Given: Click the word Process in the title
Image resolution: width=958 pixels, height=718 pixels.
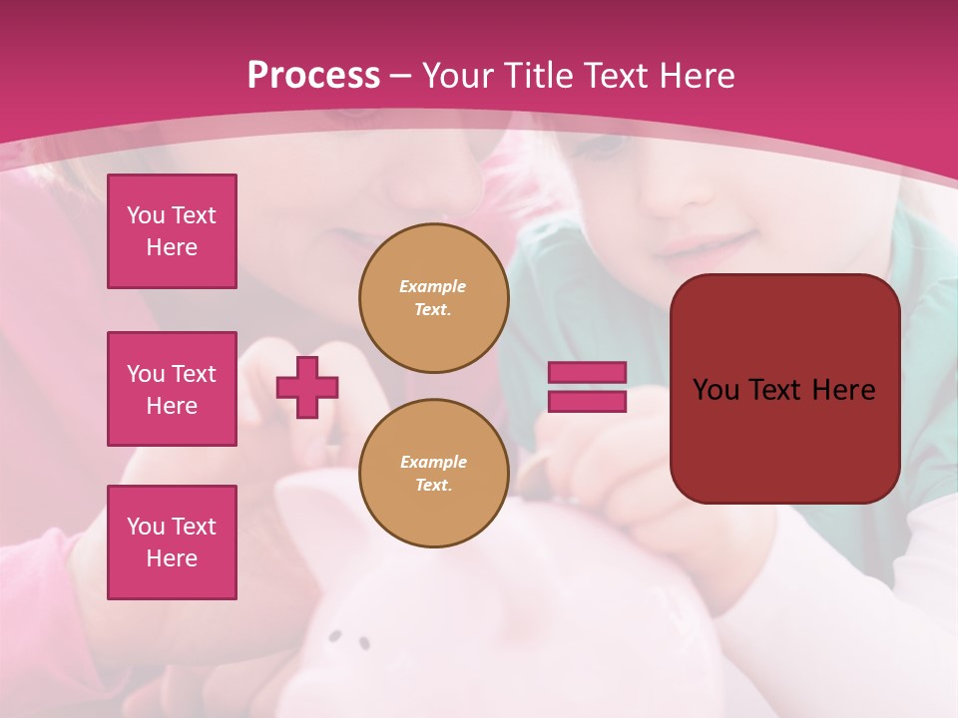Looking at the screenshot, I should [313, 76].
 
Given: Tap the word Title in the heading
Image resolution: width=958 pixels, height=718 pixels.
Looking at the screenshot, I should [537, 76].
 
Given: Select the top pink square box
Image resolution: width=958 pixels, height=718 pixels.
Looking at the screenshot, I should [172, 231].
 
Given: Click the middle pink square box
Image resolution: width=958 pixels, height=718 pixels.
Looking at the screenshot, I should [172, 389].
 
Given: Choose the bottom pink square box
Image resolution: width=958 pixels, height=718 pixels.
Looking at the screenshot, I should [172, 542].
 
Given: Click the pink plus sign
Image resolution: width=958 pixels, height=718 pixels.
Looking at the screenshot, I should [307, 387].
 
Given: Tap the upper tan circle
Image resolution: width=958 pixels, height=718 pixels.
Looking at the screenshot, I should [433, 298].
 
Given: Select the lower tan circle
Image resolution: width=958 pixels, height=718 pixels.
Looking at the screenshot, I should [433, 474].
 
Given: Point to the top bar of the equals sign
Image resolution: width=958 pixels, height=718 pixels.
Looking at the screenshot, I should [587, 372].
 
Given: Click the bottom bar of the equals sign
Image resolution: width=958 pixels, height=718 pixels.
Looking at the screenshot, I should [587, 401].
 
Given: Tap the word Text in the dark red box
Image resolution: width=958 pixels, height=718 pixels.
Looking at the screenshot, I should [783, 390].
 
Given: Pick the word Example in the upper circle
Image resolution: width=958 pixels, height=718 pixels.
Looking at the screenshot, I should [433, 287].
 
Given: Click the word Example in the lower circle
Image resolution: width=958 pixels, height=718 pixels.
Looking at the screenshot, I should [433, 463].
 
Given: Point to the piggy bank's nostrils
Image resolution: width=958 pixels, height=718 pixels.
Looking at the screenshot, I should [349, 638].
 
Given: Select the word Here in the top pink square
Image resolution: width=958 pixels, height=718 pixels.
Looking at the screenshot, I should [172, 247].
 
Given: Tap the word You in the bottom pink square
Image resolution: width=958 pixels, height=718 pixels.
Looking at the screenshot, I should [146, 527].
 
